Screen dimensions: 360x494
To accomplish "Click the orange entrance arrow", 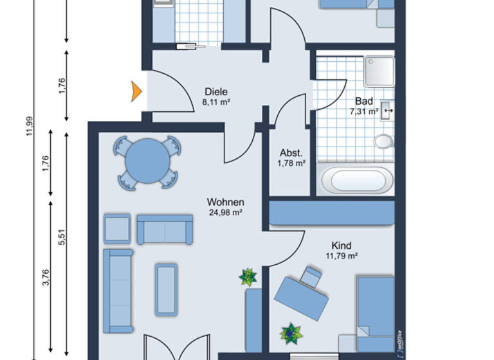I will coord(136,91).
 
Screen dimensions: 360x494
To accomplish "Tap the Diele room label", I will coord(216,92).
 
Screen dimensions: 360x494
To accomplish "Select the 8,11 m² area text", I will coord(216,102).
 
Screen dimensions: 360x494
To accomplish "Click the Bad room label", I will coord(363,102).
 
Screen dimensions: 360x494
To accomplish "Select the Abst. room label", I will coord(291,153).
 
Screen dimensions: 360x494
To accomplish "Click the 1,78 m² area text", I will coord(291,163).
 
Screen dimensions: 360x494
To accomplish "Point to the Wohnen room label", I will coord(225,202).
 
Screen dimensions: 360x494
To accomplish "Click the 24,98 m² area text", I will coord(225,212).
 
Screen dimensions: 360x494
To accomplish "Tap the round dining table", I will coord(145,161).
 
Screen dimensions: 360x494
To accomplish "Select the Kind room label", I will coord(341,246).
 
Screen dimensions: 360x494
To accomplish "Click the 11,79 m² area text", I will coord(341,256).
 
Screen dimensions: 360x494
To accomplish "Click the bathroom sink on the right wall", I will coord(387,111).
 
